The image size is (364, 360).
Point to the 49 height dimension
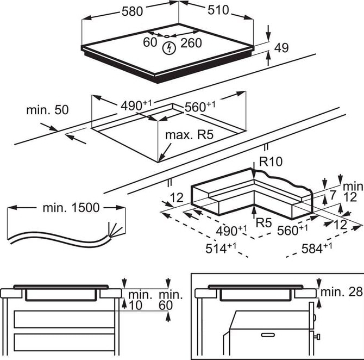(x=281, y=48)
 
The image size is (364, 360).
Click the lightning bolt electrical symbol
(x=170, y=48)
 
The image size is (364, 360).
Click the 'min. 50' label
(x=48, y=110)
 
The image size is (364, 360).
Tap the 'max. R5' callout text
(x=190, y=134)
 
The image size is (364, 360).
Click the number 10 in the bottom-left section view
(x=136, y=305)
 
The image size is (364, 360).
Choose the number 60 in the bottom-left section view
(x=165, y=305)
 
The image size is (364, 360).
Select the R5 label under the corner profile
(x=263, y=222)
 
